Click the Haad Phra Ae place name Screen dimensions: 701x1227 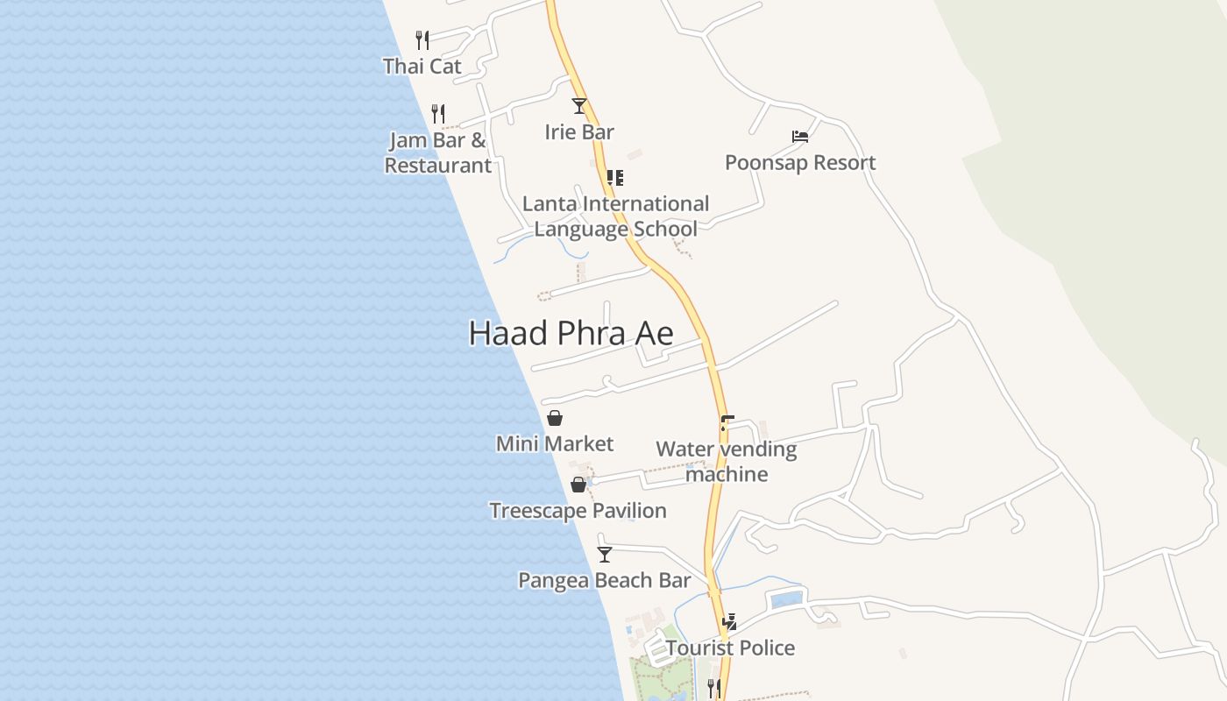[x=571, y=334]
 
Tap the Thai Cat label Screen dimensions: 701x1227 [x=422, y=66]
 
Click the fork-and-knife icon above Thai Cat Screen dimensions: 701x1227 [x=422, y=39]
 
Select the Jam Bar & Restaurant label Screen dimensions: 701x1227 [x=437, y=152]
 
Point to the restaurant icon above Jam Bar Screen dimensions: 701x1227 [x=438, y=113]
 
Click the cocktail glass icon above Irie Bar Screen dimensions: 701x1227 [x=579, y=106]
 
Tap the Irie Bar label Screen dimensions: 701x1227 [x=579, y=132]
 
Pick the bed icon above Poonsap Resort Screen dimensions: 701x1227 [x=799, y=136]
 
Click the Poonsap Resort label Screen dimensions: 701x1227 [x=800, y=163]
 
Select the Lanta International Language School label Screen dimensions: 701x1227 [x=615, y=216]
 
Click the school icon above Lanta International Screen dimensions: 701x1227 [x=615, y=178]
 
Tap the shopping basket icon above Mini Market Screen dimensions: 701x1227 [x=555, y=418]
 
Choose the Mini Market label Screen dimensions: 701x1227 [x=555, y=444]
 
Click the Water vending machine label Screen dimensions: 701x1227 [x=727, y=462]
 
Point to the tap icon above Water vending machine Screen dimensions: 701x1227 [x=727, y=423]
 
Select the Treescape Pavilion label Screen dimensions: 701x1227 [x=578, y=511]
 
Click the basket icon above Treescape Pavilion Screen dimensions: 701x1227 [x=578, y=485]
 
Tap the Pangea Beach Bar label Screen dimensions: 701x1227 [x=604, y=580]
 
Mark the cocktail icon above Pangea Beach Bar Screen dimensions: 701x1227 [x=605, y=554]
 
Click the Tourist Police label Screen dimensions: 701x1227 [x=730, y=648]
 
